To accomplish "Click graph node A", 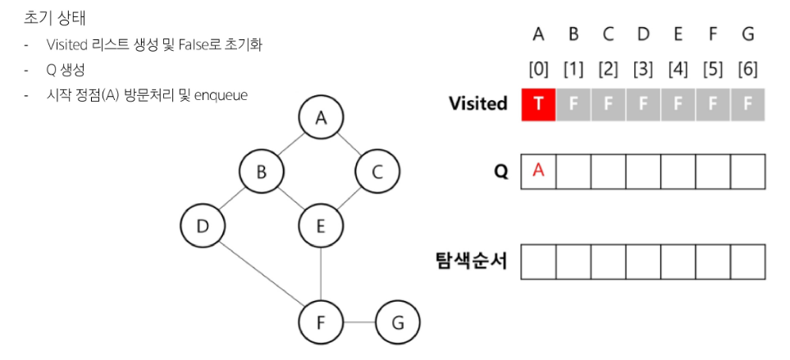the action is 320,120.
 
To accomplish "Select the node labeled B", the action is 262,172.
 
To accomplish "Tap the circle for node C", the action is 377,172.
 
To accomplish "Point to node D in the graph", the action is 203,225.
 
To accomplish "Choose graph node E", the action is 320,225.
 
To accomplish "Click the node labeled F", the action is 320,321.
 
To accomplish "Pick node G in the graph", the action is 397,321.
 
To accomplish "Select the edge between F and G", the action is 358,321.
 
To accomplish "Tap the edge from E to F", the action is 320,273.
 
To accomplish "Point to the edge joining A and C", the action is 349,146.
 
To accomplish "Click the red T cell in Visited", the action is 539,105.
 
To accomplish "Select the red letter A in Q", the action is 539,171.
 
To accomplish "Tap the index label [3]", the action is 643,69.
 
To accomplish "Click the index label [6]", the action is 747,69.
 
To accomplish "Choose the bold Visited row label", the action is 477,104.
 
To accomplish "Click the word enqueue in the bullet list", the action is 221,95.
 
